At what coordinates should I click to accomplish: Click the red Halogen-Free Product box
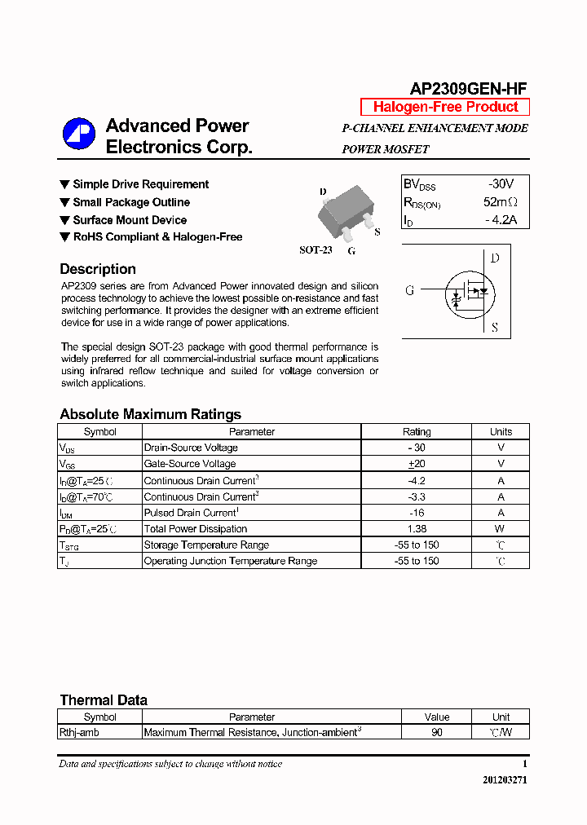[x=445, y=107]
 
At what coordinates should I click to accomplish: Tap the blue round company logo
[x=79, y=135]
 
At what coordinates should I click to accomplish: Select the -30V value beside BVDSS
[x=501, y=184]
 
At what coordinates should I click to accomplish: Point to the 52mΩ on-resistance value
[x=500, y=202]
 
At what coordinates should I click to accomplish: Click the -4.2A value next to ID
[x=501, y=220]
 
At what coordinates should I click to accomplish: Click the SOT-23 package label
[x=316, y=250]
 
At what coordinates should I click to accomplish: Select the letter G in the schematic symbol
[x=410, y=290]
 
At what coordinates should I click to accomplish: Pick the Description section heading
[x=98, y=269]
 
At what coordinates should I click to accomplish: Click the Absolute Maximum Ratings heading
[x=150, y=414]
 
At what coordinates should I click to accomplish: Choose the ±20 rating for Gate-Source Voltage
[x=417, y=464]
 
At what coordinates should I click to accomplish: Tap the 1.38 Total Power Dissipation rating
[x=417, y=529]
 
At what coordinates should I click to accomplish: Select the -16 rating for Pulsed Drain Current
[x=417, y=513]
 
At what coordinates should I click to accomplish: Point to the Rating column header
[x=417, y=432]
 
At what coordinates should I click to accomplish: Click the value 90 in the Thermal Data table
[x=437, y=733]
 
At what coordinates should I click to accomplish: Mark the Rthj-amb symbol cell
[x=80, y=733]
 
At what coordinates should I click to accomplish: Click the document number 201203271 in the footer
[x=505, y=780]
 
